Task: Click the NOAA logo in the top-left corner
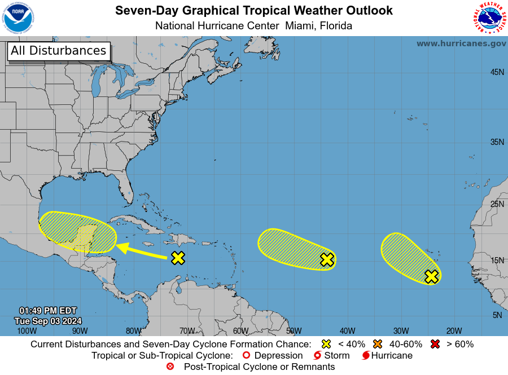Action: coord(18,18)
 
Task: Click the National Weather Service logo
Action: coord(488,18)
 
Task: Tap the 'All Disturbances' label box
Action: coord(58,51)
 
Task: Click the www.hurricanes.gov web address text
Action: coord(461,43)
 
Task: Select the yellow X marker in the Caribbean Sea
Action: coord(178,258)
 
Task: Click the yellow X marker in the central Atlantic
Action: coord(327,259)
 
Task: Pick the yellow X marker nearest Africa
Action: coord(431,276)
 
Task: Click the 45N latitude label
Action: coord(497,72)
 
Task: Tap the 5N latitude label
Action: coord(497,315)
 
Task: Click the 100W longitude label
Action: coord(27,331)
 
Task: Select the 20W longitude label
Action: coord(454,331)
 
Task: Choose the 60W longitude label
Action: coord(240,331)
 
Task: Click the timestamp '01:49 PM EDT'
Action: coord(47,311)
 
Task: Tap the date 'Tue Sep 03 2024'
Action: coord(47,321)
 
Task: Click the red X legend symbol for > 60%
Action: coord(435,344)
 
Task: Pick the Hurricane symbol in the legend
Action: coord(366,356)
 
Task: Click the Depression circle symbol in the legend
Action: coord(246,356)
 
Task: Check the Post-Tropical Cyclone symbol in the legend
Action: coord(170,367)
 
